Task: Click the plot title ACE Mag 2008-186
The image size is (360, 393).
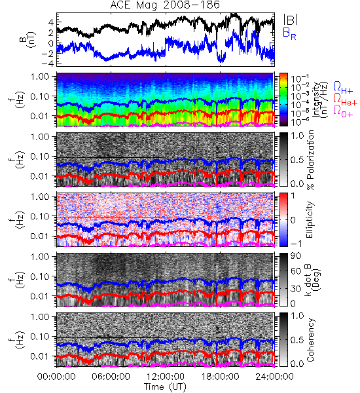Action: click(165, 5)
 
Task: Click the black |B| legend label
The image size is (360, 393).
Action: click(291, 20)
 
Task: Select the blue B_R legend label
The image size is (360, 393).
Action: click(289, 33)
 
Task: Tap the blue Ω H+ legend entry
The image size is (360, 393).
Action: click(343, 88)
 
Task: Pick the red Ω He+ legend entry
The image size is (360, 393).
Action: click(345, 100)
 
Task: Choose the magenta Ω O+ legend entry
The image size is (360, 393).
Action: click(343, 111)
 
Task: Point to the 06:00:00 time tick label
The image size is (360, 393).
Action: click(111, 377)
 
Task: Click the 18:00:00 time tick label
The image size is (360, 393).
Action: click(220, 377)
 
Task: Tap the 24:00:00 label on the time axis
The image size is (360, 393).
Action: click(274, 377)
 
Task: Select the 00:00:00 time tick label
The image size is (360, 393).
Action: click(56, 377)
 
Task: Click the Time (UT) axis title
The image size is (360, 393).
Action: click(165, 387)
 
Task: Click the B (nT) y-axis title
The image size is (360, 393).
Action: click(28, 39)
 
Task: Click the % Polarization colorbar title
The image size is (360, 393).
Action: click(310, 160)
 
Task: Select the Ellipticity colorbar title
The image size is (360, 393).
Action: click(310, 219)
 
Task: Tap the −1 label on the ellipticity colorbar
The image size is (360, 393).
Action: click(296, 244)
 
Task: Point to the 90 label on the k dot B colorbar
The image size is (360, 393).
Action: click(296, 256)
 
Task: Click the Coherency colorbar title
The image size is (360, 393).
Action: click(310, 340)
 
